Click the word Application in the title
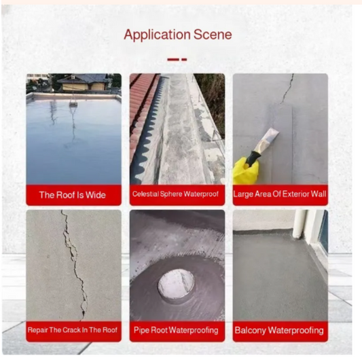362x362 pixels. click(x=157, y=35)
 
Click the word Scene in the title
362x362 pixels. click(x=213, y=35)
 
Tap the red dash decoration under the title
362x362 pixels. click(x=177, y=60)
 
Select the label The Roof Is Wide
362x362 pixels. click(x=73, y=195)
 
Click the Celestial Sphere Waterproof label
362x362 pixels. click(x=175, y=194)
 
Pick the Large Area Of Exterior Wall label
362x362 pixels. click(x=280, y=194)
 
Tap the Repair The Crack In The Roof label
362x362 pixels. click(x=73, y=330)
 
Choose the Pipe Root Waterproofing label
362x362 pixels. click(x=176, y=330)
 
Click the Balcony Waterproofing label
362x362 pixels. click(x=279, y=330)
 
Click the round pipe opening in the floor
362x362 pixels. click(x=176, y=283)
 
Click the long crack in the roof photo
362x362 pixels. click(x=74, y=265)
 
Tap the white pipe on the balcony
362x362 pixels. click(x=300, y=223)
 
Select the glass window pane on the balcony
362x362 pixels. click(x=323, y=232)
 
